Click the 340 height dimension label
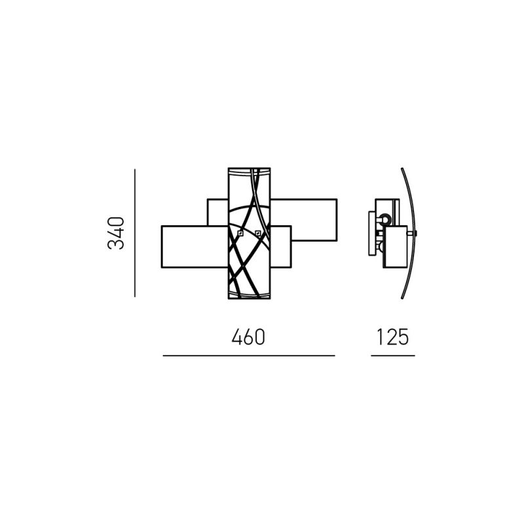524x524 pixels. coord(116,233)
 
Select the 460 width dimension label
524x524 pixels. coord(248,337)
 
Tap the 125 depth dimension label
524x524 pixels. coord(392,337)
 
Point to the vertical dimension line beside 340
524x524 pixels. coord(135,233)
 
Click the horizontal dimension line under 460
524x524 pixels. coord(249,356)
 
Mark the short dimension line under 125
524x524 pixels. coord(393,356)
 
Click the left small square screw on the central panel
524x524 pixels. coord(240,233)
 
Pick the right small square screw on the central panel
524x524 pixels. coord(257,233)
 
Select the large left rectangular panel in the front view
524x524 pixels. coord(195,247)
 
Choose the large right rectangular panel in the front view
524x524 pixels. coord(303,220)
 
